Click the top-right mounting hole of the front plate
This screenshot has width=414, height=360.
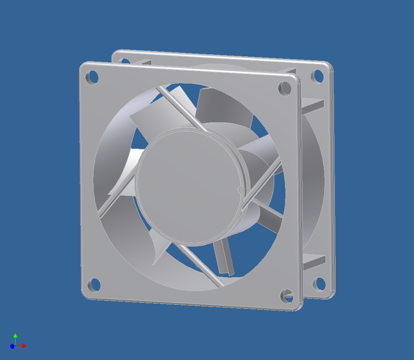[285, 88]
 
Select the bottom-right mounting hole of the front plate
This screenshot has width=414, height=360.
[287, 296]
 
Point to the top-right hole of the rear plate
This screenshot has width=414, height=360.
[318, 76]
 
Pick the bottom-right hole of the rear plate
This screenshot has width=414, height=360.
[320, 284]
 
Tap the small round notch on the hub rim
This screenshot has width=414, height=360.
[240, 190]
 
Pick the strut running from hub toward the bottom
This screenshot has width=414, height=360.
[203, 267]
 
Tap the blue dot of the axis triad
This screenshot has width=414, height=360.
[12, 346]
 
